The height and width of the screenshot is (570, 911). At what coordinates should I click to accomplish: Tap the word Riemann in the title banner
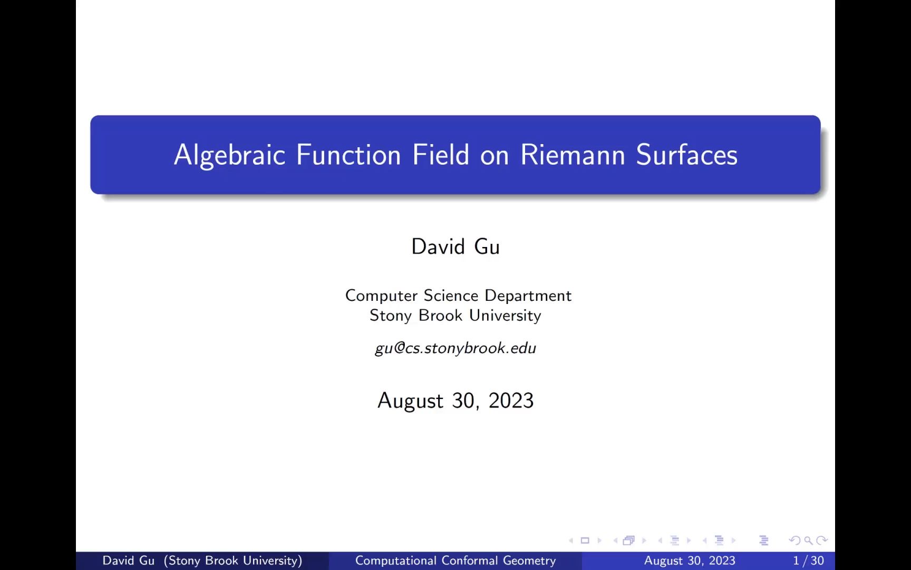pos(573,155)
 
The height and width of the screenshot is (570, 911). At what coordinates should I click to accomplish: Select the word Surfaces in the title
pos(686,155)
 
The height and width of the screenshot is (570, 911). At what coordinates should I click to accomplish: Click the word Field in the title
pos(441,155)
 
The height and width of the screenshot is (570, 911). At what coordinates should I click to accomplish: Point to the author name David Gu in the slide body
pos(455,247)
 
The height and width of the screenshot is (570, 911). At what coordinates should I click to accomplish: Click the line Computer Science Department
pos(458,296)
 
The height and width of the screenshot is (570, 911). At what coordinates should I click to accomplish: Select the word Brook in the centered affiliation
pos(440,315)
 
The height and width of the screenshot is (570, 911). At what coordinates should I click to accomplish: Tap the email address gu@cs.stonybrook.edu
pos(455,348)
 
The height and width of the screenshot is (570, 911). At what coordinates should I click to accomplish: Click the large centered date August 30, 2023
pos(455,401)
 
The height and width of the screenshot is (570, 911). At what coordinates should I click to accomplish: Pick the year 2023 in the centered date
pos(511,401)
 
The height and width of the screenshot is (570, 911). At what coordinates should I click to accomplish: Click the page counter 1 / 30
pos(808,560)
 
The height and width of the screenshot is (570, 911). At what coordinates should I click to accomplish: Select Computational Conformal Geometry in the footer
pos(455,560)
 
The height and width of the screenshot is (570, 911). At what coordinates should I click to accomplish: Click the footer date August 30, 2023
pos(690,560)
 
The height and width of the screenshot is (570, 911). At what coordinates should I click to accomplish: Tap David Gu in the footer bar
pos(128,560)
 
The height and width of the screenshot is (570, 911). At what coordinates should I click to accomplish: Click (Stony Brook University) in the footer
pos(233,560)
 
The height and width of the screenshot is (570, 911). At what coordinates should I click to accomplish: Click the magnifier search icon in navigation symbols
pos(808,540)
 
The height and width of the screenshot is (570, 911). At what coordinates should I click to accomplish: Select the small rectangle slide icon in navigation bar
pos(585,540)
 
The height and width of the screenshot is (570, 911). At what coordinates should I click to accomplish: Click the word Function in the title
pos(348,155)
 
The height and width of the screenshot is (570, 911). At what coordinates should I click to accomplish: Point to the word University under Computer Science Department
pos(505,315)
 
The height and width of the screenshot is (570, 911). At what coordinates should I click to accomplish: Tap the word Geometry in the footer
pos(529,560)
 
